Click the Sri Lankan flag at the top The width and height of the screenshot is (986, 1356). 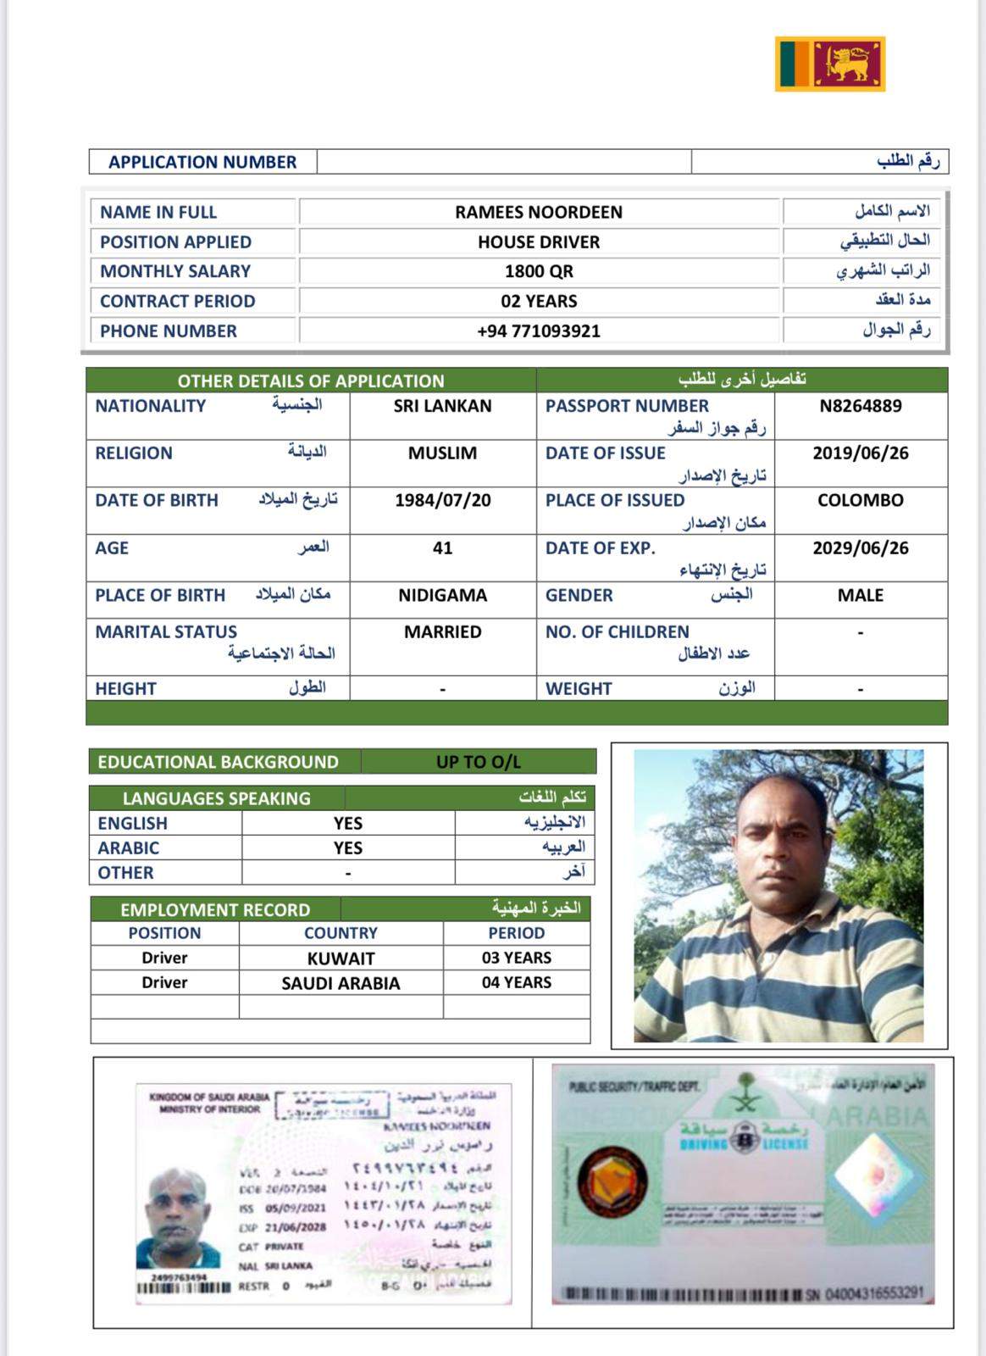(x=829, y=64)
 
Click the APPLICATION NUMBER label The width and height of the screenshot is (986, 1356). (x=202, y=162)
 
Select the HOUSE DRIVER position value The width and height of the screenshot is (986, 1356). (x=539, y=242)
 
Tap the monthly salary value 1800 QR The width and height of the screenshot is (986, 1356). (x=539, y=272)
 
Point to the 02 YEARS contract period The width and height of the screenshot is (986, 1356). (x=539, y=302)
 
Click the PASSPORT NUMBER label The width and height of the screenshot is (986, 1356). (x=627, y=406)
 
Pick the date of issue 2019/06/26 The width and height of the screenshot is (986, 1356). (x=860, y=453)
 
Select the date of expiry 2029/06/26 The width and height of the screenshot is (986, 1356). (x=860, y=548)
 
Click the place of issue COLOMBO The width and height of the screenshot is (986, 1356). (x=860, y=501)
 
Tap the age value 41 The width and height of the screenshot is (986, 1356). (x=442, y=548)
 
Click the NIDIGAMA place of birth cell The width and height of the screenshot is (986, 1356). (x=442, y=596)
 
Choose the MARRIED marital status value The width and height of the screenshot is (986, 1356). (x=442, y=632)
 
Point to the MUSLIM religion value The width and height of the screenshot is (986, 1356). (x=442, y=453)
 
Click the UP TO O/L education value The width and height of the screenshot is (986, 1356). (x=478, y=762)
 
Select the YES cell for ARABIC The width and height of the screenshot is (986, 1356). (x=347, y=848)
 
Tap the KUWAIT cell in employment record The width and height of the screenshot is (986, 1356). (x=341, y=959)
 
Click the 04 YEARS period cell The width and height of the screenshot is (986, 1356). (x=516, y=982)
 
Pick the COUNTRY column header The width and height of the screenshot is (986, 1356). (x=341, y=933)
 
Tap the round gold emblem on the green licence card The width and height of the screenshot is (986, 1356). (x=614, y=1180)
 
